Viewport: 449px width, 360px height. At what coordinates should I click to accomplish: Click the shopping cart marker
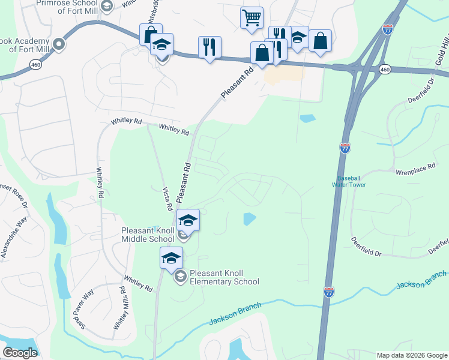tap(252, 17)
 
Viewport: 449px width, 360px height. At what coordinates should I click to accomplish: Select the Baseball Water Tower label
tap(351, 181)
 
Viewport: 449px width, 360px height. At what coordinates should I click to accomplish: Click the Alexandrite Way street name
tap(14, 239)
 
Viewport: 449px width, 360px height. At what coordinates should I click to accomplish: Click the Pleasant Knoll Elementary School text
tap(224, 277)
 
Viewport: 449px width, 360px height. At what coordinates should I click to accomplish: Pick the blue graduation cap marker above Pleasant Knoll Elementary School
tap(171, 258)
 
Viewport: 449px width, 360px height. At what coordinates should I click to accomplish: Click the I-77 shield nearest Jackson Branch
tap(329, 292)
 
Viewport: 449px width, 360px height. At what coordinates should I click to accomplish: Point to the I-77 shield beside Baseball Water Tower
tap(345, 148)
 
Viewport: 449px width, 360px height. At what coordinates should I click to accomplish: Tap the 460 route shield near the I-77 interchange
tap(385, 70)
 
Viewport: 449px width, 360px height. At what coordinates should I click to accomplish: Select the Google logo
tap(20, 353)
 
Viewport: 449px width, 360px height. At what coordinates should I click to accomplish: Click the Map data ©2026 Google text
tap(411, 355)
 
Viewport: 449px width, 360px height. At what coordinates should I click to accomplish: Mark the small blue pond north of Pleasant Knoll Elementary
tap(249, 219)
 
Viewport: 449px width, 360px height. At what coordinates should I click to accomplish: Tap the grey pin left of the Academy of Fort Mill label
tap(59, 44)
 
